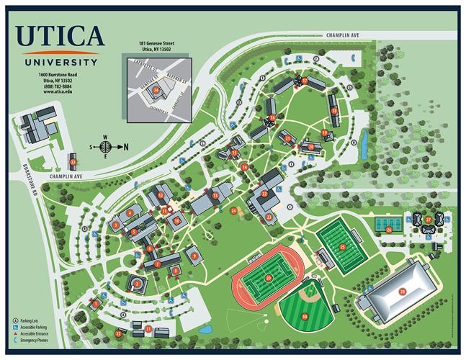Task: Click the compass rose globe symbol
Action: [x=104, y=146]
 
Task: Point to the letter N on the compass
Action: [x=127, y=146]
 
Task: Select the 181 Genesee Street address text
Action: [x=157, y=44]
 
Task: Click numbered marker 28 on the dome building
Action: [x=403, y=291]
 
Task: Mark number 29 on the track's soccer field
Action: [x=268, y=278]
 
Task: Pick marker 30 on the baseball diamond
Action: [x=305, y=316]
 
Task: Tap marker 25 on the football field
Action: [x=343, y=247]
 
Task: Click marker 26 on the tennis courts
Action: [x=389, y=230]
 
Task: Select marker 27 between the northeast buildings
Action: [x=428, y=220]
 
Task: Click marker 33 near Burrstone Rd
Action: [x=73, y=162]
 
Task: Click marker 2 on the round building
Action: [x=135, y=284]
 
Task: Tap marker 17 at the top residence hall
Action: [x=305, y=81]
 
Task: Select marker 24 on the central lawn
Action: [x=233, y=211]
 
